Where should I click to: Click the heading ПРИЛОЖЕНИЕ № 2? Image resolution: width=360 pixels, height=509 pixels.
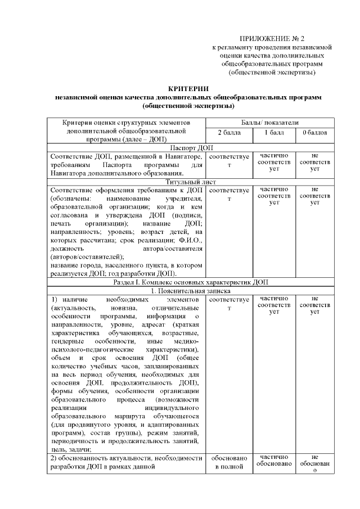click(x=272, y=39)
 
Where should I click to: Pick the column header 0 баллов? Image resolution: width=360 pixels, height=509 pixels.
click(x=314, y=133)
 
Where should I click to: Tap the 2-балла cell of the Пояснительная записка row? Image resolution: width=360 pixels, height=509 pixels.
click(x=229, y=304)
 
